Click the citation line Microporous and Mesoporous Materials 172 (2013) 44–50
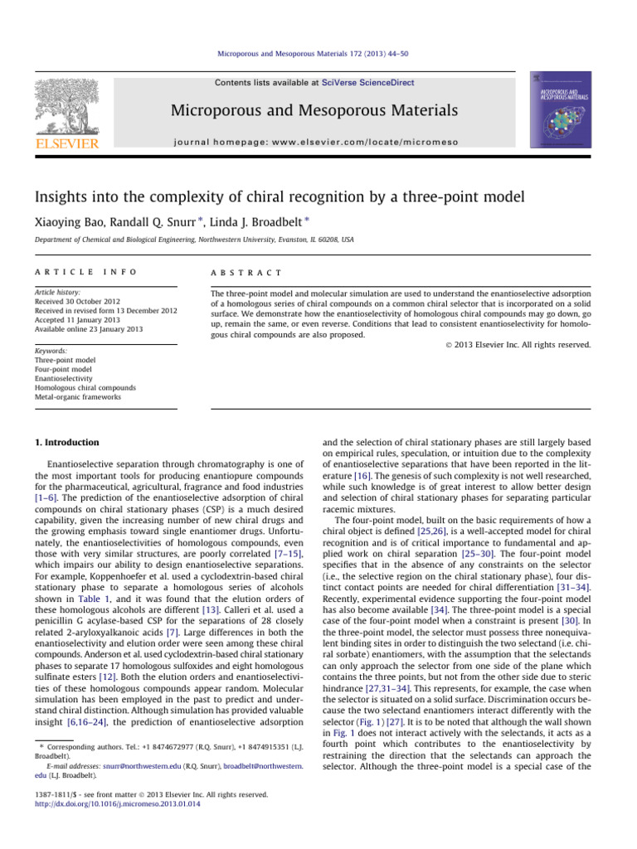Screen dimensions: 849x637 click(x=318, y=54)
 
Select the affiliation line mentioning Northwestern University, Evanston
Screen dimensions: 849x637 click(x=199, y=239)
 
